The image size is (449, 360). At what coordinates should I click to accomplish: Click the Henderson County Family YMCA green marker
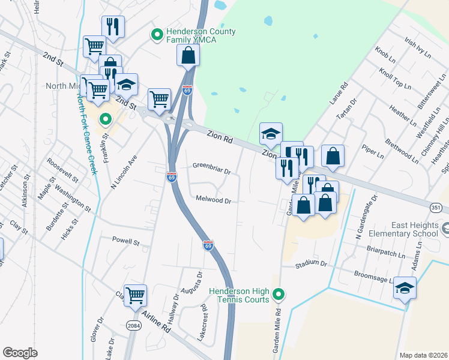(158, 35)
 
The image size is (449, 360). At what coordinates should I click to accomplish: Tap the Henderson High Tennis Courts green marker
(278, 294)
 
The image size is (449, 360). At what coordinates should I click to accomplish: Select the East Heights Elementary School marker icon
(445, 229)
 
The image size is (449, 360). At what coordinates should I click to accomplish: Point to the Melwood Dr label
(213, 200)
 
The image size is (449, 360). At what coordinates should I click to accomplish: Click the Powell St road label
(125, 242)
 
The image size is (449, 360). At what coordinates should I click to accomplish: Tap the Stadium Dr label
(310, 263)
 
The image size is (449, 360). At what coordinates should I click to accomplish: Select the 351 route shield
(438, 207)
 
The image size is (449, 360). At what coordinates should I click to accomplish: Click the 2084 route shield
(134, 326)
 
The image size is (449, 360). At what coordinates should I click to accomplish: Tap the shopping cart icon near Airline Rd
(136, 295)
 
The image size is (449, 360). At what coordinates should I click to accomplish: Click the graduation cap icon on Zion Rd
(271, 133)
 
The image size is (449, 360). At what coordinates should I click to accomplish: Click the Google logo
(20, 352)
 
